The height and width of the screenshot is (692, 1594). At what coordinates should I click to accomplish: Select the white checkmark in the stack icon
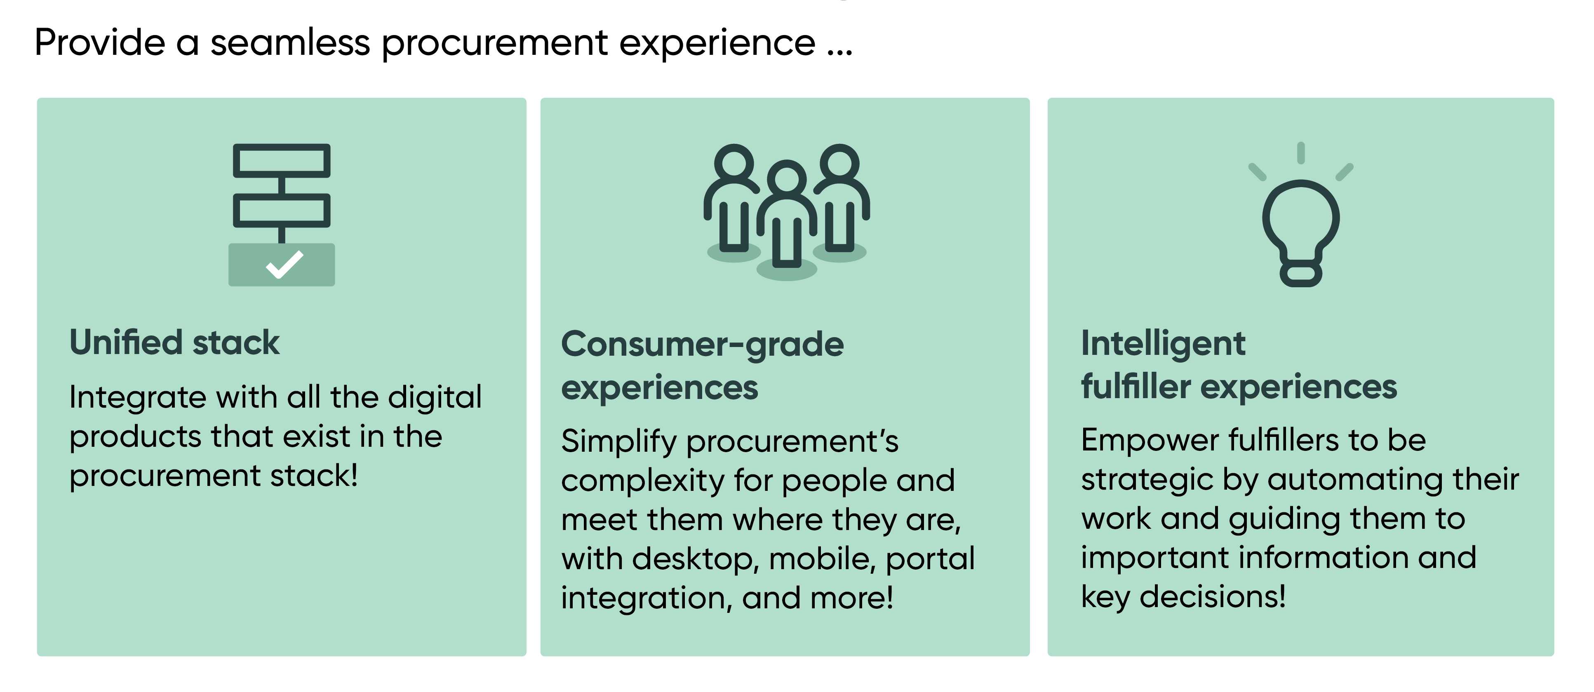(284, 265)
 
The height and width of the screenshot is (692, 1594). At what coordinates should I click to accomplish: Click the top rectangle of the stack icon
(282, 161)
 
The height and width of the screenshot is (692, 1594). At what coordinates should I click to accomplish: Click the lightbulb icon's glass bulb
(1301, 220)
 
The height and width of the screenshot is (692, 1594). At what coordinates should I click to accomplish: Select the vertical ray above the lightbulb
(1301, 153)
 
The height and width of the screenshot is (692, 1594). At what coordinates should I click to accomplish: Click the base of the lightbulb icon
(1301, 274)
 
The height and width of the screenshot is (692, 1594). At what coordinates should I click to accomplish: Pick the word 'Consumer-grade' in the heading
(702, 345)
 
